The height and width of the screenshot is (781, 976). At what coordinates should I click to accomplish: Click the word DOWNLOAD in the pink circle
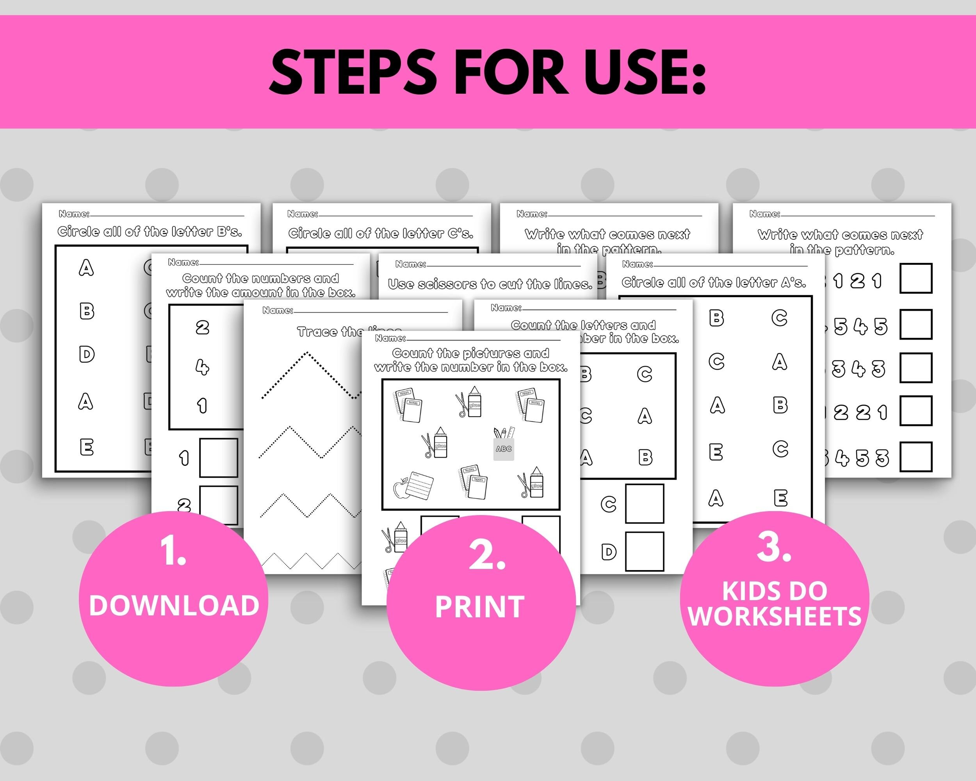pos(174,605)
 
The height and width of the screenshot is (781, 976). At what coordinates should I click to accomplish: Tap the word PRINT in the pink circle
pos(479,607)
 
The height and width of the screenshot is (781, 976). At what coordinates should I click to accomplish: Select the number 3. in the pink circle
pos(774,547)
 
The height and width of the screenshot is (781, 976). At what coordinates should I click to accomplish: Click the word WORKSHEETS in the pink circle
pos(775,616)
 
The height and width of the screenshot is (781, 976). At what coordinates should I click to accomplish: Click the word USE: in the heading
pos(638,73)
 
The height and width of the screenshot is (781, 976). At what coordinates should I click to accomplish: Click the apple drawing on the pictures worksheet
pos(401,489)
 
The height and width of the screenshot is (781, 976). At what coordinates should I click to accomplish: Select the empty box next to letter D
pos(644,551)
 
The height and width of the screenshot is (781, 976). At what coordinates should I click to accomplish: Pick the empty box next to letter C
pos(644,503)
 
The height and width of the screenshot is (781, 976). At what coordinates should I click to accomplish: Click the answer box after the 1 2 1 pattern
pos(916,279)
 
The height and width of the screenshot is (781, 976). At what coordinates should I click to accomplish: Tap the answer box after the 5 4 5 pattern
pos(916,324)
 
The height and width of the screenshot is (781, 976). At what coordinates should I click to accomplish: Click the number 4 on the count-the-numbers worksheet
pos(202,366)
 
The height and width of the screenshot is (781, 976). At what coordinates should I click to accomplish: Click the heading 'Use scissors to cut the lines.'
pos(490,284)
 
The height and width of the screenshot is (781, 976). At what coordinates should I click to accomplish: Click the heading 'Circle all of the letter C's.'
pos(381,234)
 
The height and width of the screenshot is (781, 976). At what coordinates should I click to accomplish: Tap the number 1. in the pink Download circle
pos(173,552)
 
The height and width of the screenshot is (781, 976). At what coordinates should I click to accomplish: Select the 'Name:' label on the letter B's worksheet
pos(74,214)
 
